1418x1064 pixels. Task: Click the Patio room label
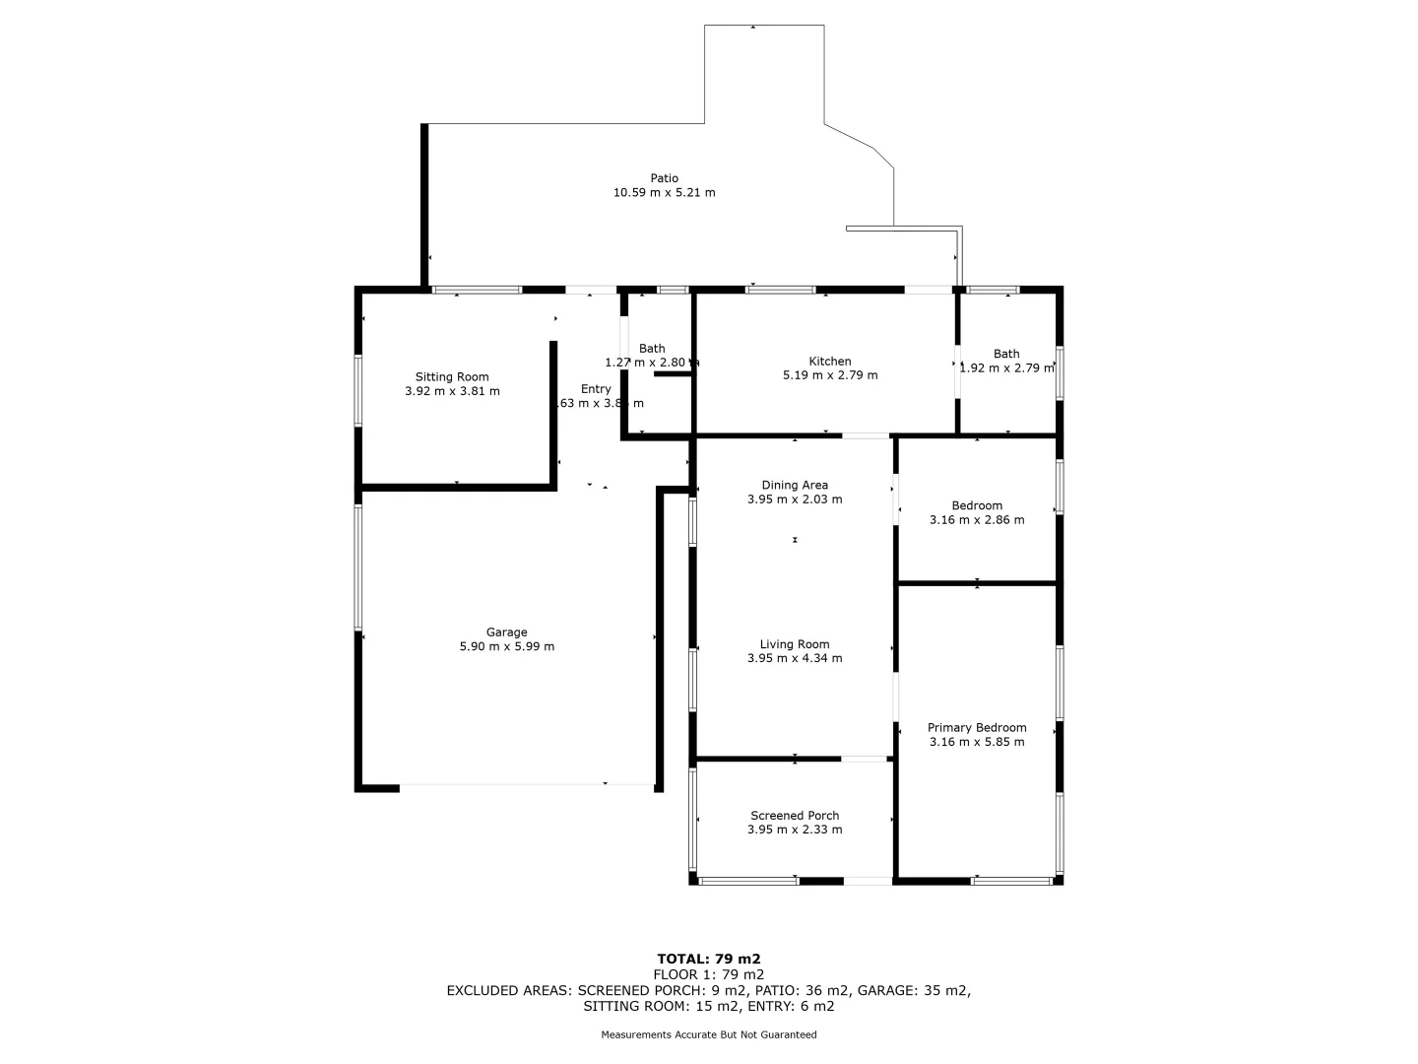(x=664, y=178)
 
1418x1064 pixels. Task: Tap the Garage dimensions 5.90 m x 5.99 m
(x=506, y=647)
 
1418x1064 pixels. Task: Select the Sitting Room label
(x=452, y=377)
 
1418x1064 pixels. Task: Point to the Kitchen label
(x=829, y=362)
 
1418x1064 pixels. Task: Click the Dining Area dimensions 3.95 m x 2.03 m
(x=794, y=499)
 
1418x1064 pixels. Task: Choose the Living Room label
(x=794, y=644)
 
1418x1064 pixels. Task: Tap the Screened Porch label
(x=794, y=816)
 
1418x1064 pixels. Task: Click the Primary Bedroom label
(x=976, y=728)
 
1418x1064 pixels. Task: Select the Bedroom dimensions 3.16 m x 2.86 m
(x=976, y=520)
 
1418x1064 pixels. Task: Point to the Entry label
(x=596, y=389)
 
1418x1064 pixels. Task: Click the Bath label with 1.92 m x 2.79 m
(x=1006, y=354)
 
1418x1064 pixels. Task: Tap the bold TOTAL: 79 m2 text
(x=708, y=959)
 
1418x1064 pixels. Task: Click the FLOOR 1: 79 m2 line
(x=708, y=974)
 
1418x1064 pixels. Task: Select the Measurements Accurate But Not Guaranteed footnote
(x=708, y=1034)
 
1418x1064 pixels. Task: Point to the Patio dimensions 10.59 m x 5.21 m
(x=664, y=193)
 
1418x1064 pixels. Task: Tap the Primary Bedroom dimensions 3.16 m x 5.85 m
(x=976, y=743)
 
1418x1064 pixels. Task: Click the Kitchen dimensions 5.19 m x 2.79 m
(x=829, y=375)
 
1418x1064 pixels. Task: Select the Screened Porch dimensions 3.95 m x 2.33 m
(x=794, y=830)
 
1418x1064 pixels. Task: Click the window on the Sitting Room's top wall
(x=478, y=291)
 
